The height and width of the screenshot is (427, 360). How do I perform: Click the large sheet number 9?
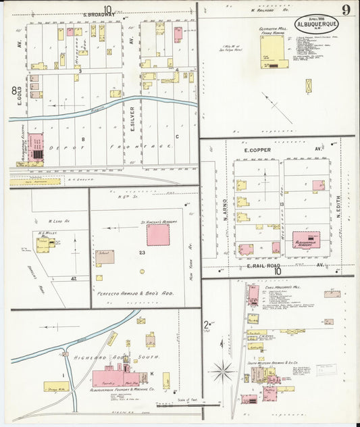345,9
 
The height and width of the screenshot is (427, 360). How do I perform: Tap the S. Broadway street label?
99,14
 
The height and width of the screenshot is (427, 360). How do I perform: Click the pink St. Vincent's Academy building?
158,234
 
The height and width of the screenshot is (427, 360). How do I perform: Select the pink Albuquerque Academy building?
307,240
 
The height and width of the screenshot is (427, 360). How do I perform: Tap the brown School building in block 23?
105,257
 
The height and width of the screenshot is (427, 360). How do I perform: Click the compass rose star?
222,372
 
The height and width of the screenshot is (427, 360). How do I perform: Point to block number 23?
142,253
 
